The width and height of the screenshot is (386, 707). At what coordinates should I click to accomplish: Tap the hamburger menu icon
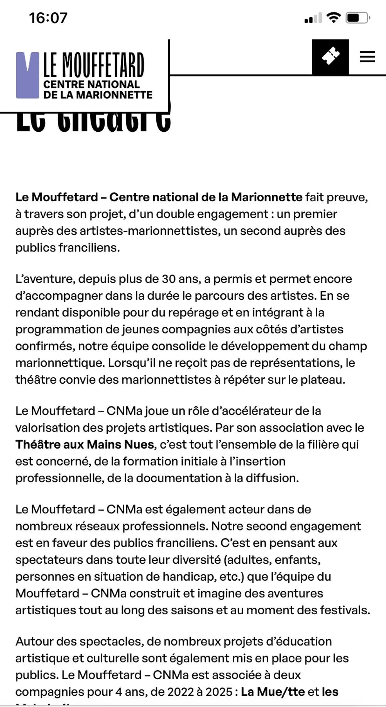(x=367, y=57)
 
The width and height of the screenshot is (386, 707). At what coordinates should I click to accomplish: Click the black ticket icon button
(x=330, y=57)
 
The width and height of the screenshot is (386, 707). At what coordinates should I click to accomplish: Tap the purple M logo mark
(x=27, y=75)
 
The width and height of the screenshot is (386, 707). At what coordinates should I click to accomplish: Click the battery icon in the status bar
(x=357, y=18)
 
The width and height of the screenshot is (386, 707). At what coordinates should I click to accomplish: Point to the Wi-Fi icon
(x=333, y=17)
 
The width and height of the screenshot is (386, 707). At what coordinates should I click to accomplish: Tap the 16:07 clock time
(x=48, y=18)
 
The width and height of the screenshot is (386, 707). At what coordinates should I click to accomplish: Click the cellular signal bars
(x=313, y=18)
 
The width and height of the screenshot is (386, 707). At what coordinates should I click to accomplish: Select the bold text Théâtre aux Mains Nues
(x=85, y=444)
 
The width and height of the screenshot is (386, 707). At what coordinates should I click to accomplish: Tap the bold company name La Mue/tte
(x=273, y=692)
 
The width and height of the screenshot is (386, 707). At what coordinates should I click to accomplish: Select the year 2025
(x=219, y=692)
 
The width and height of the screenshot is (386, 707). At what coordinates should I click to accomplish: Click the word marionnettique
(x=60, y=363)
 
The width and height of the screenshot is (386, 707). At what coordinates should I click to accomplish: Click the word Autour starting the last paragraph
(x=34, y=641)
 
